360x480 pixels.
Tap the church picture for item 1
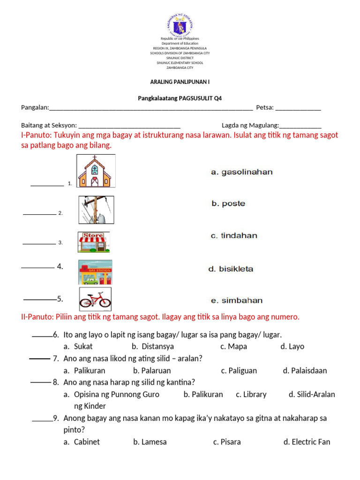click(96, 171)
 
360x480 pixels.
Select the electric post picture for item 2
click(96, 210)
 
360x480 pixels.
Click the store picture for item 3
click(94, 242)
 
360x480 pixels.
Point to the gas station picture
click(95, 272)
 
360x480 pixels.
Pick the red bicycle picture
click(95, 299)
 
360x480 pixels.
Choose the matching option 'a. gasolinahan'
click(241, 172)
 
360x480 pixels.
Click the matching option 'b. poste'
click(228, 204)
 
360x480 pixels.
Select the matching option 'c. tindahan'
click(234, 236)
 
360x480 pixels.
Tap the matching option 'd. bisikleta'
click(231, 269)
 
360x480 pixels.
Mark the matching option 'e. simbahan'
click(236, 300)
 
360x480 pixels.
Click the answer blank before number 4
click(37, 268)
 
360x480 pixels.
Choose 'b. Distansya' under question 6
click(153, 346)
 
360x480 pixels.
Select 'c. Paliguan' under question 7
click(239, 370)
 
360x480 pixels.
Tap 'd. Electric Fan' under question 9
click(307, 442)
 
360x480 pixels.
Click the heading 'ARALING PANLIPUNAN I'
click(180, 82)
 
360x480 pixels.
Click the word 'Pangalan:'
click(35, 107)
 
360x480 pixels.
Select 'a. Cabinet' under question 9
click(82, 442)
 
